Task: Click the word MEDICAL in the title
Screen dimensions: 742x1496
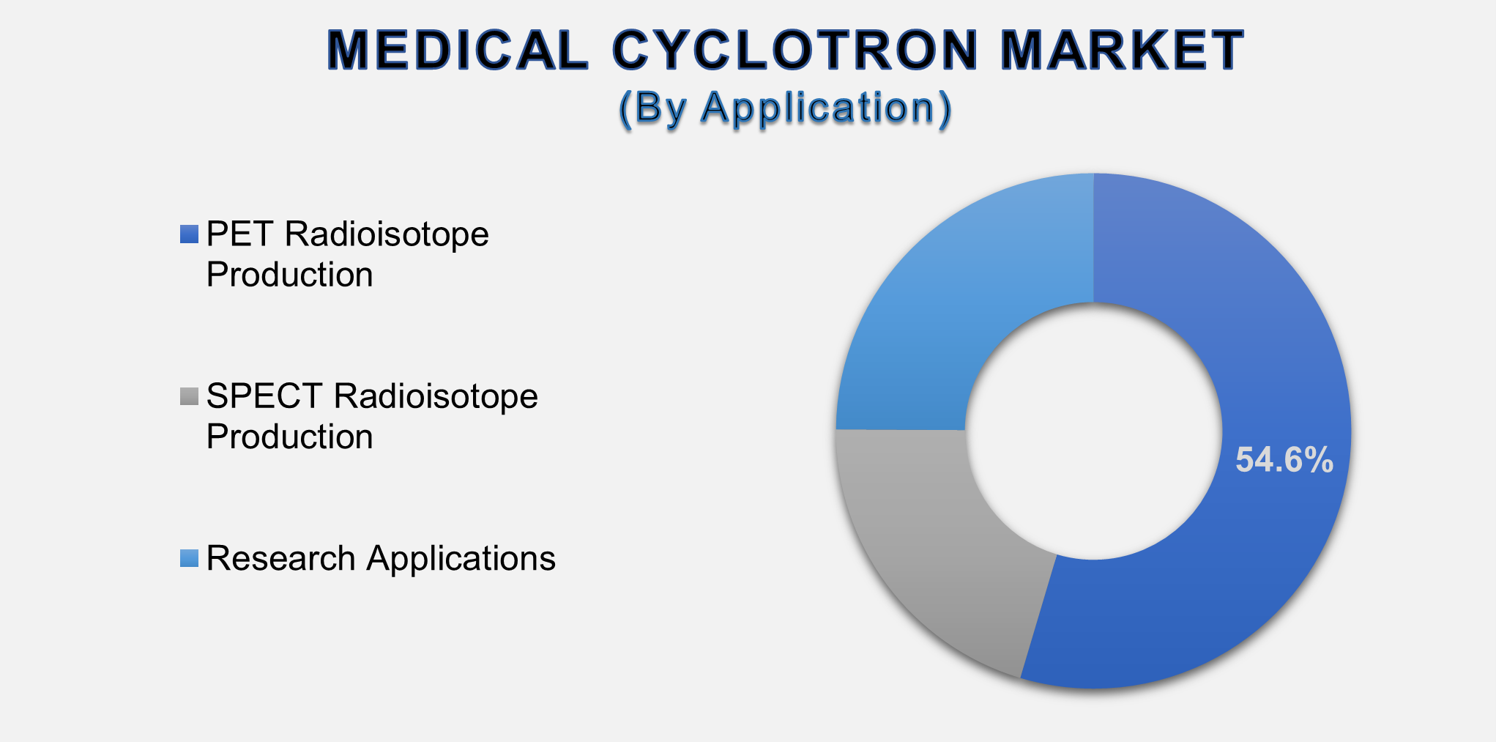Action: (x=458, y=51)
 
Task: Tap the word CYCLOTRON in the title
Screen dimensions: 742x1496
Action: (x=795, y=51)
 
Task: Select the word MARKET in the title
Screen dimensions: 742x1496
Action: (x=1122, y=51)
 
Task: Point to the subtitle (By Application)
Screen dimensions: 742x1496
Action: (x=785, y=108)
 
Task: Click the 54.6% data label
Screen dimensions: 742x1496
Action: (x=1284, y=461)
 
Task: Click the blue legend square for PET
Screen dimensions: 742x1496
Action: (x=189, y=234)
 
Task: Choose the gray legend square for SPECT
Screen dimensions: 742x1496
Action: (x=189, y=396)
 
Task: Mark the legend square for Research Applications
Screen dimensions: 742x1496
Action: (x=189, y=558)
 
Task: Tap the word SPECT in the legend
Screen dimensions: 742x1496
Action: (x=264, y=396)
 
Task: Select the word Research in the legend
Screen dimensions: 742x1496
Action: (x=280, y=558)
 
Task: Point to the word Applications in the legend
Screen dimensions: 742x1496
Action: (x=461, y=558)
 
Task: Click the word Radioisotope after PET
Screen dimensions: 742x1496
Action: (x=386, y=234)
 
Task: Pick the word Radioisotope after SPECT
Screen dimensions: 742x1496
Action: (x=436, y=396)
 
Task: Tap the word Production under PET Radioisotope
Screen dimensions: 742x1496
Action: (x=289, y=275)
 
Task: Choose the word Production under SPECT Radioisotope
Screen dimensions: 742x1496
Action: (x=289, y=437)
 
